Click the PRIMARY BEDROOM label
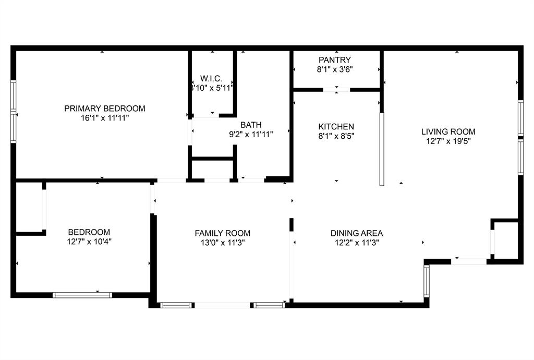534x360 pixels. [105, 109]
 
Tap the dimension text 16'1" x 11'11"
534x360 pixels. [105, 118]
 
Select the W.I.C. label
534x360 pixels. [211, 79]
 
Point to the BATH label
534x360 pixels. [251, 125]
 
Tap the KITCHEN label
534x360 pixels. [336, 127]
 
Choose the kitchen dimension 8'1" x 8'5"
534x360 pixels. [336, 136]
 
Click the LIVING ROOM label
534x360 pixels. [448, 131]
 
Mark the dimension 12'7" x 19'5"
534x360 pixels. [448, 141]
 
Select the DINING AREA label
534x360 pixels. [357, 233]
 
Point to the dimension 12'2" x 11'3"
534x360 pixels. [357, 243]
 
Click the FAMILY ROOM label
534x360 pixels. [223, 233]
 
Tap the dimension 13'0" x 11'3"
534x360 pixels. [223, 243]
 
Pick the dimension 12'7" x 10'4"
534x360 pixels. [89, 242]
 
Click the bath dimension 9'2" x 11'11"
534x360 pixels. [251, 134]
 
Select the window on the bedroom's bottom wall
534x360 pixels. [82, 295]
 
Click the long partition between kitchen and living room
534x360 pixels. [381, 149]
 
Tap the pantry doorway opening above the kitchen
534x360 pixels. [336, 90]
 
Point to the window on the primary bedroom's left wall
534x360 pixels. [14, 112]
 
